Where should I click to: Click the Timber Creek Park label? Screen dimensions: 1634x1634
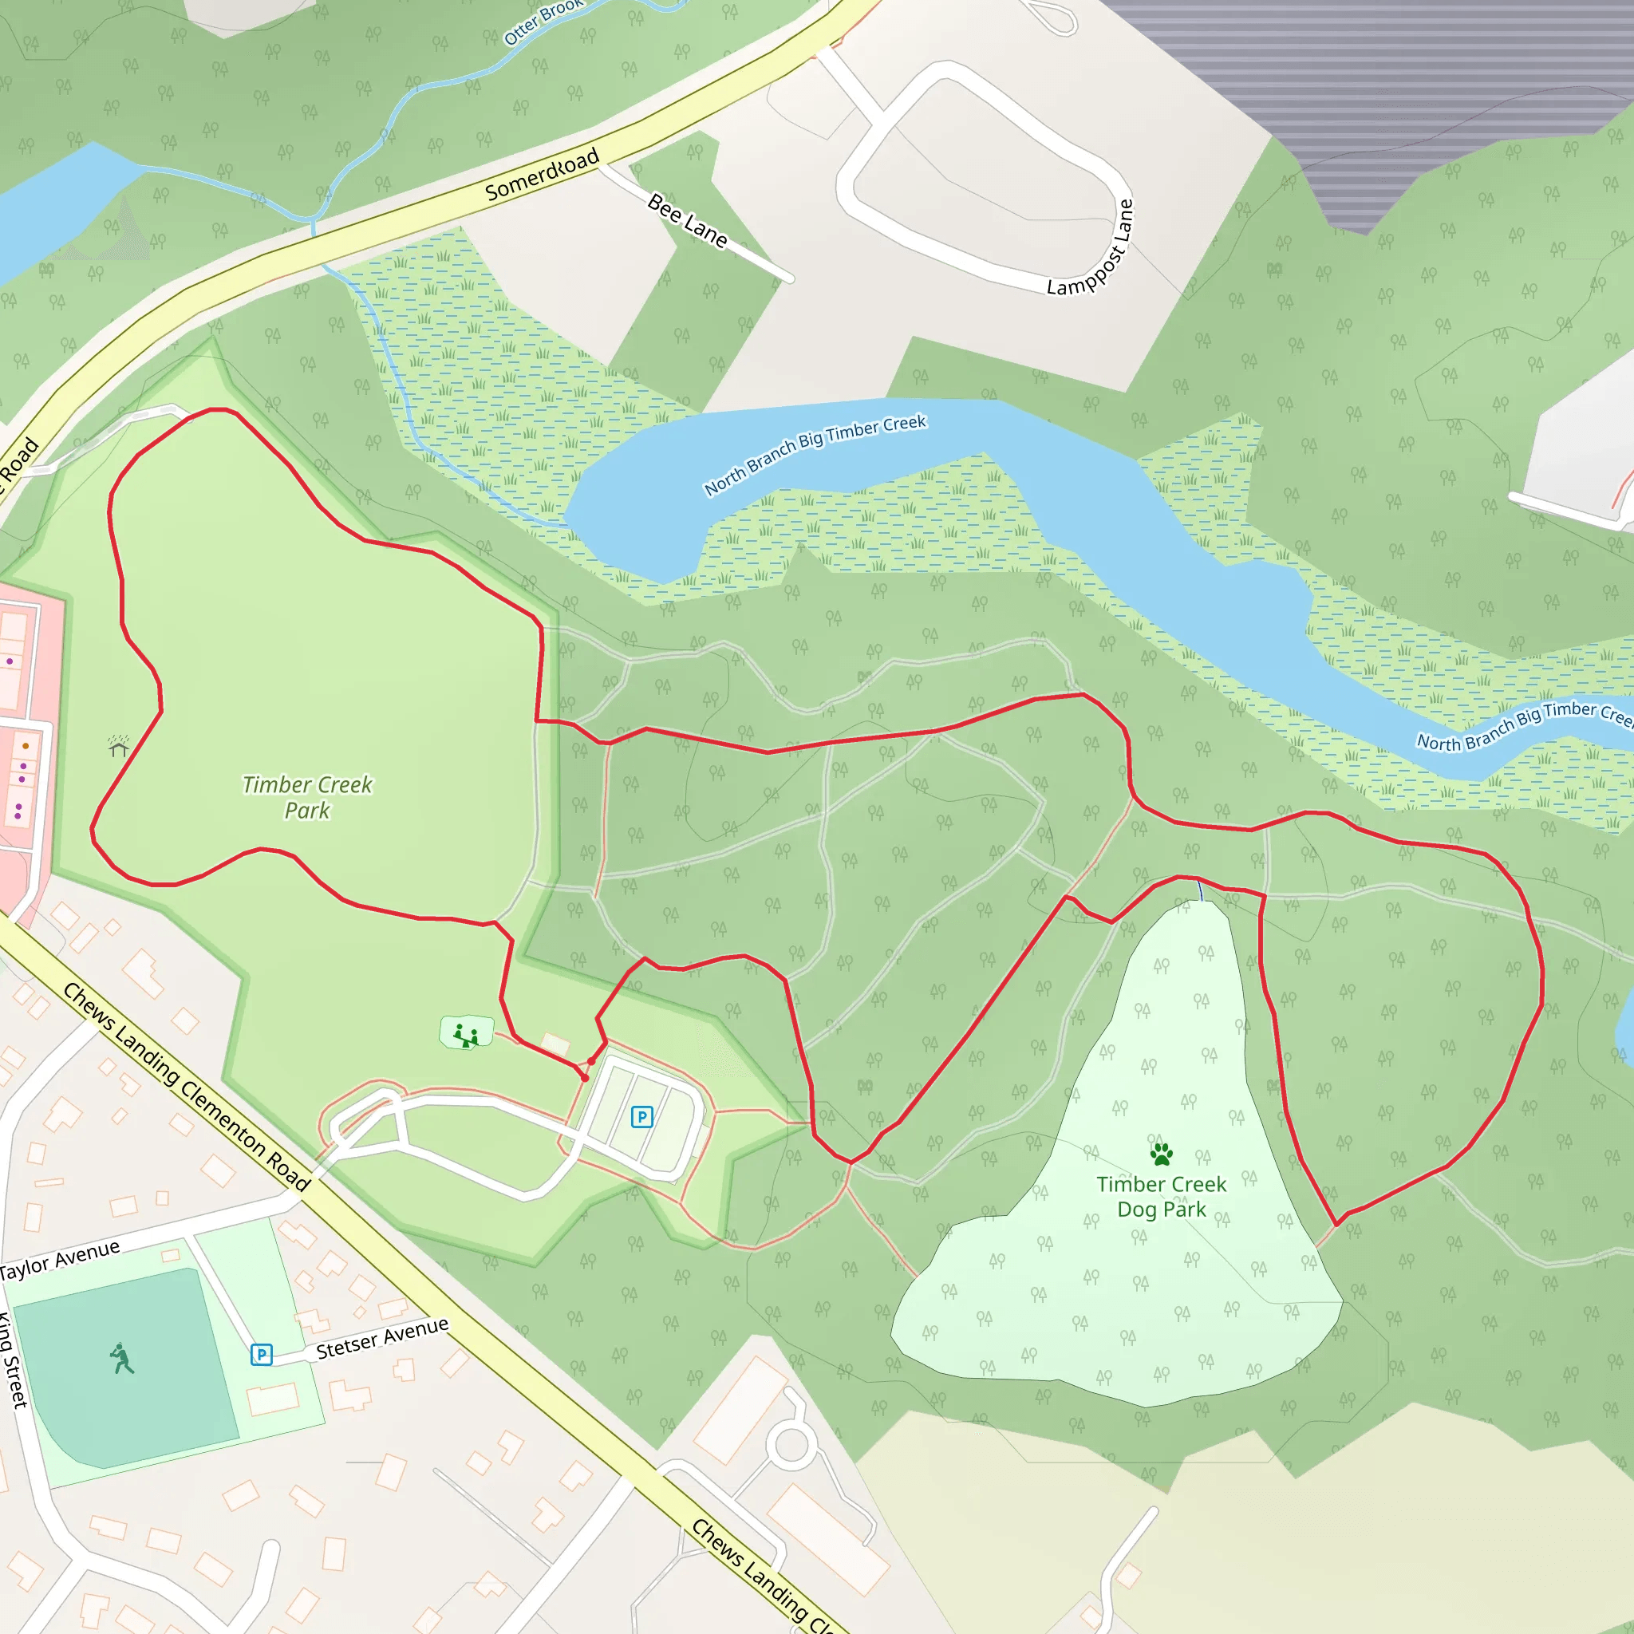(x=306, y=797)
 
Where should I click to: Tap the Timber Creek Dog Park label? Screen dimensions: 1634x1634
(x=1161, y=1196)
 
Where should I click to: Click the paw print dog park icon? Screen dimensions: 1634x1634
(x=1161, y=1154)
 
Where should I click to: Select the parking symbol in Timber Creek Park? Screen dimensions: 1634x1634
(x=642, y=1117)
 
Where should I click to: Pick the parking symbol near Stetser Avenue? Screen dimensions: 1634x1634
(x=262, y=1355)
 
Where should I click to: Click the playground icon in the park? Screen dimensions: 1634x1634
(x=466, y=1034)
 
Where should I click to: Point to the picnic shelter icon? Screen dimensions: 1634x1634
(x=118, y=746)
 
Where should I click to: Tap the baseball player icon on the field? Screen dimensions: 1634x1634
(x=122, y=1359)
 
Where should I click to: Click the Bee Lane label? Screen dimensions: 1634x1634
(x=687, y=220)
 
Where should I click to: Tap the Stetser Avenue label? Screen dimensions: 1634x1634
(x=382, y=1338)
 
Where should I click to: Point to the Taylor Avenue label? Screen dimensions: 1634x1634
(x=59, y=1259)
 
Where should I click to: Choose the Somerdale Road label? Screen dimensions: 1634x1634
(x=541, y=173)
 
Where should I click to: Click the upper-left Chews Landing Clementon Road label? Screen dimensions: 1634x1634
(x=186, y=1087)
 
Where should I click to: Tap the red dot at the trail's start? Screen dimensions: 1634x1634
(x=584, y=1077)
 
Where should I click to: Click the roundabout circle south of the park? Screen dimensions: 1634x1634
(x=791, y=1443)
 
